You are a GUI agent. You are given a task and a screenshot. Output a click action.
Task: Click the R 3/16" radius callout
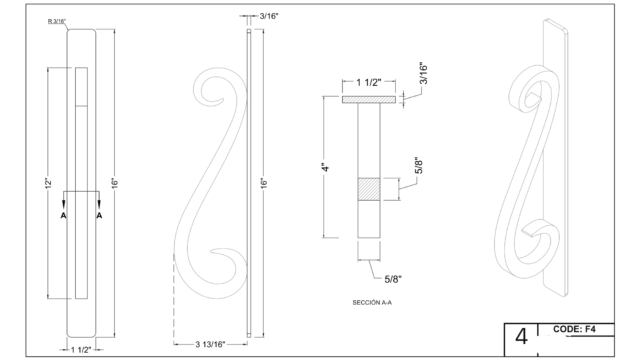[57, 21]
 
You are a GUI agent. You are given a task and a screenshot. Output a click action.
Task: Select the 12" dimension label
[48, 183]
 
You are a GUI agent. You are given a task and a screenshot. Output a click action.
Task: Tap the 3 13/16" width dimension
[210, 344]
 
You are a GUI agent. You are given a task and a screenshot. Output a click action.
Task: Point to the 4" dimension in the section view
[326, 167]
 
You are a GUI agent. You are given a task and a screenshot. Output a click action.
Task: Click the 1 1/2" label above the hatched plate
[369, 83]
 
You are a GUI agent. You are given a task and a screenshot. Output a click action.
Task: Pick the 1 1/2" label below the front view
[81, 350]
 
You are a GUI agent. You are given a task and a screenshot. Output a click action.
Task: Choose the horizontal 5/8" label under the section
[393, 279]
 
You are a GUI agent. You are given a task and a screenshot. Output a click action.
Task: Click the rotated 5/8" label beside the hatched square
[419, 165]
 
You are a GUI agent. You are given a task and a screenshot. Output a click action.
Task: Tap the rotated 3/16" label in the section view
[423, 74]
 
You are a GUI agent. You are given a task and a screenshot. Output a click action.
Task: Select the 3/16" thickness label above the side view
[269, 16]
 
